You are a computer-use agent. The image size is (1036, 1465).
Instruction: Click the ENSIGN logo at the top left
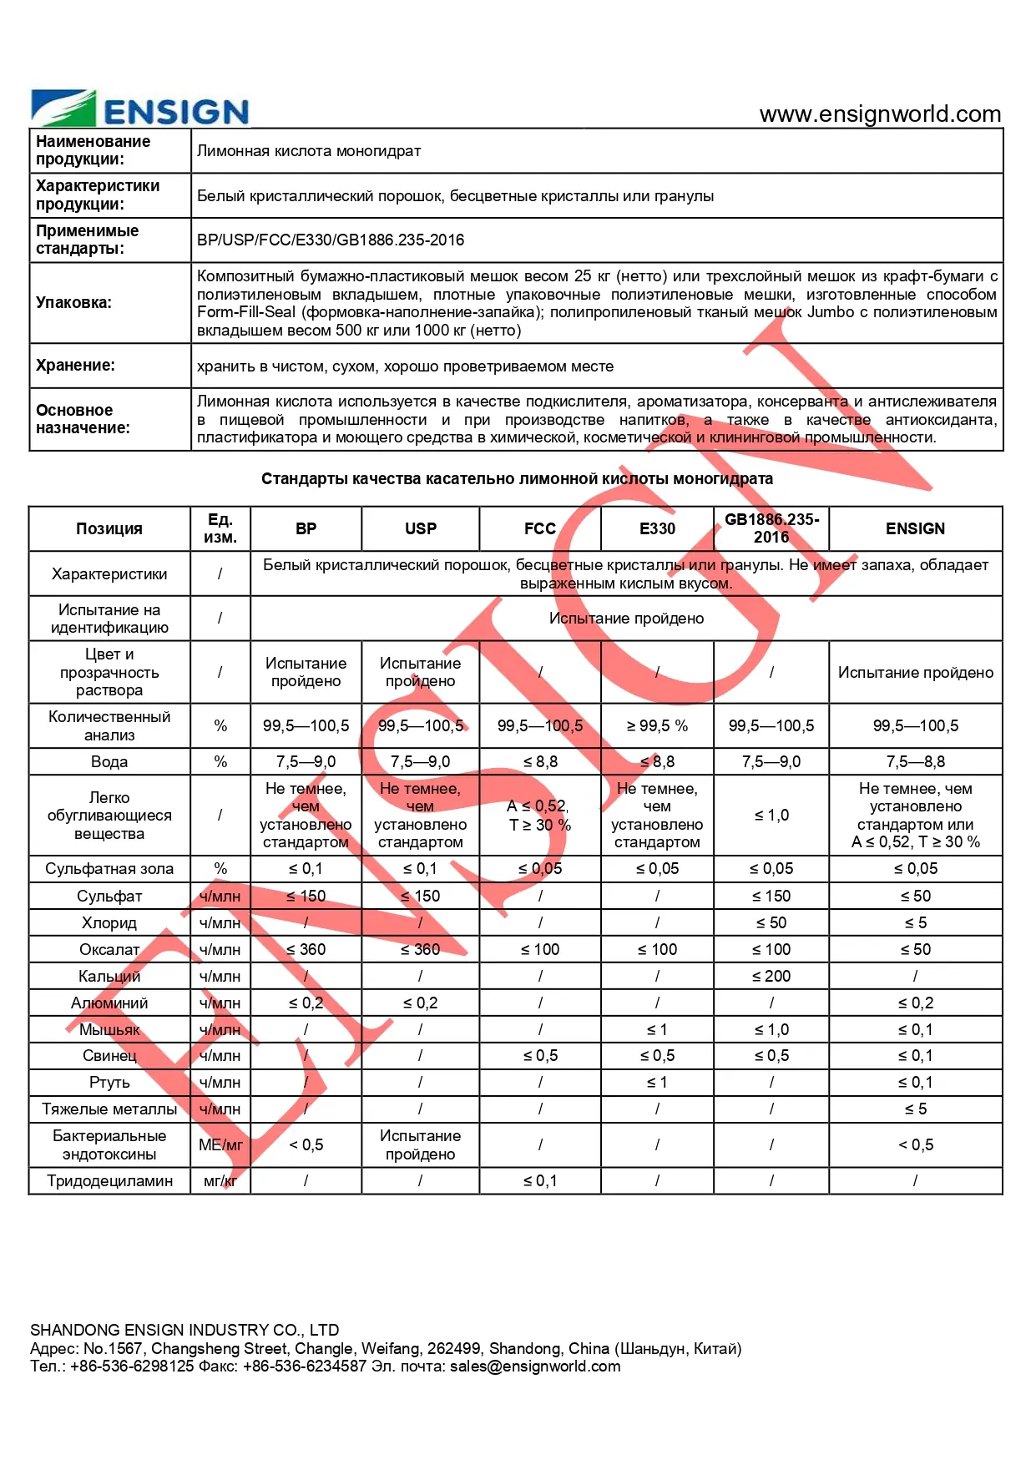140,109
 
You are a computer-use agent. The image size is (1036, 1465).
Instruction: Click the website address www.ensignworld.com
880,114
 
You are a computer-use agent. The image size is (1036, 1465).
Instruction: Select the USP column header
421,528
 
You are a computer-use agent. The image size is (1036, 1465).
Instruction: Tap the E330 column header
657,528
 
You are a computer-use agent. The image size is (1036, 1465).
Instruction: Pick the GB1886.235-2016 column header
771,528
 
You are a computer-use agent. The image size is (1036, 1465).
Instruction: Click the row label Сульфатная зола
109,869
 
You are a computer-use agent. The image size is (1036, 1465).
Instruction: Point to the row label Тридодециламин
109,1181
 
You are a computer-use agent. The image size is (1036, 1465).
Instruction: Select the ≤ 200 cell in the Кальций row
771,976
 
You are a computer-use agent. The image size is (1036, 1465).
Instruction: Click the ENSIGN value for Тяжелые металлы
916,1109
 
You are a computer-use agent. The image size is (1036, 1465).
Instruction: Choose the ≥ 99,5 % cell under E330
657,726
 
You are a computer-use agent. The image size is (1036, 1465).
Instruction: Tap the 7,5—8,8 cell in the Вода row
916,762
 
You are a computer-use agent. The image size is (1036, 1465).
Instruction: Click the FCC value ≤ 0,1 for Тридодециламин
540,1181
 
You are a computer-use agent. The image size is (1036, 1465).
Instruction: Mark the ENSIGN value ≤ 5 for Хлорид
916,922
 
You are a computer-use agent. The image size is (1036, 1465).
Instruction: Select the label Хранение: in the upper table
76,366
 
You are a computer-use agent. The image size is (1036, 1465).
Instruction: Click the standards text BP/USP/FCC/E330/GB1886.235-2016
331,240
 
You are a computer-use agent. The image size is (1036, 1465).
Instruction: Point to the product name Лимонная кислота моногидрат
309,151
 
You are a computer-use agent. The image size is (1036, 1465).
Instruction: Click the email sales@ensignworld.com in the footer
535,1366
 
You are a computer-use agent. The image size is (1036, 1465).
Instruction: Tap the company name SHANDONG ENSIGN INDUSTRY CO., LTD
184,1330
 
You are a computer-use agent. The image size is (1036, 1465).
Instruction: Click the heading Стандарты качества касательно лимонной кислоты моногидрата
517,479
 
